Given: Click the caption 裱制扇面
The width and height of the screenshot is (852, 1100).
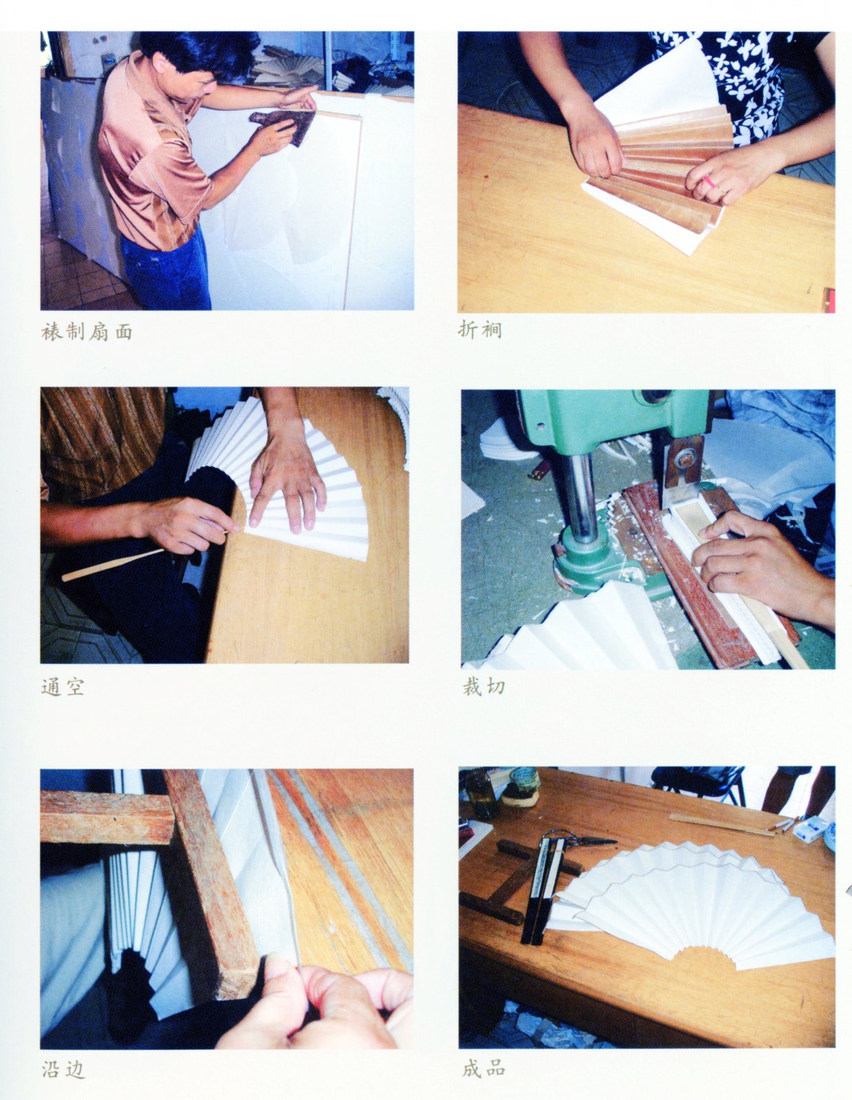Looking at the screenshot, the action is click(x=87, y=332).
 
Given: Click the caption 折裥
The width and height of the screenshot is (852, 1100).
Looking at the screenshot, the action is click(x=479, y=330).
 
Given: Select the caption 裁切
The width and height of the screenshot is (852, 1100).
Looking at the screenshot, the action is click(x=483, y=687).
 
